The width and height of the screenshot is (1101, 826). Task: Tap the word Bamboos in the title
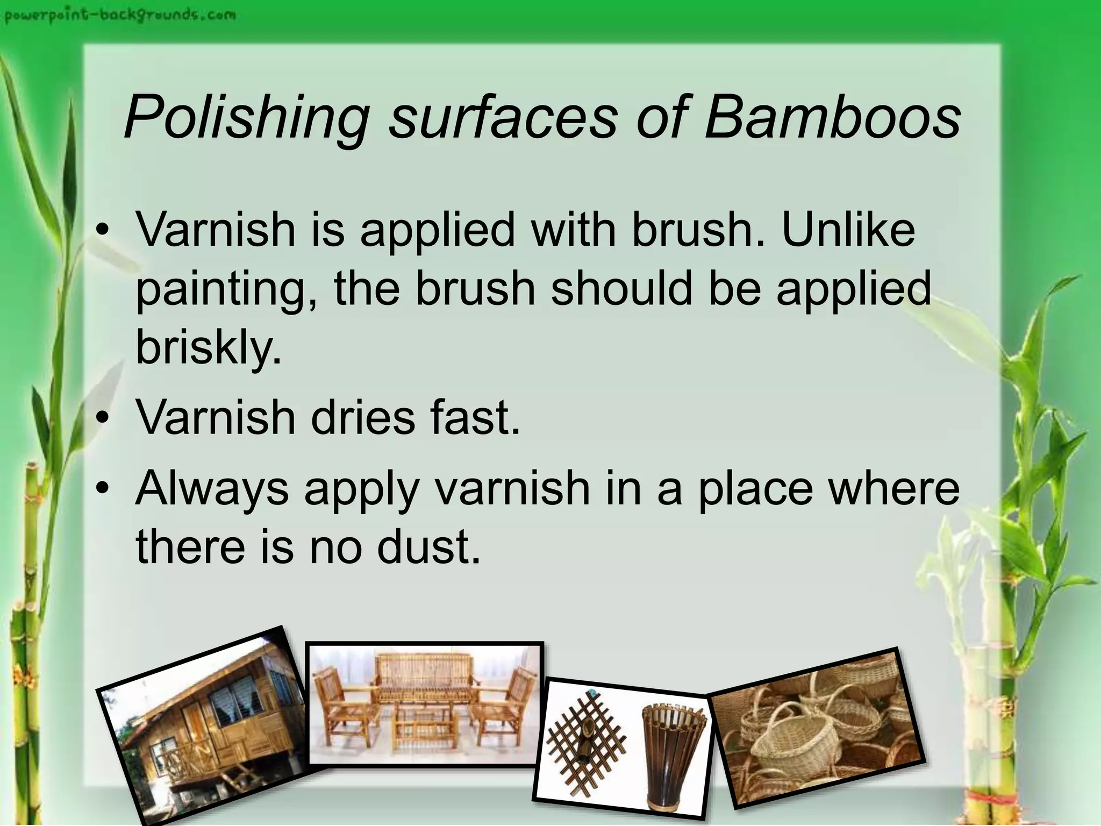click(x=832, y=117)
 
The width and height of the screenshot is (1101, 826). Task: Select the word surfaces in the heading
click(x=503, y=117)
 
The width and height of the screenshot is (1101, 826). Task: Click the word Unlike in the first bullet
click(x=848, y=230)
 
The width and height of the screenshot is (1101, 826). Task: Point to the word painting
click(x=225, y=290)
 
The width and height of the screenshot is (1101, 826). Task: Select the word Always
click(x=212, y=489)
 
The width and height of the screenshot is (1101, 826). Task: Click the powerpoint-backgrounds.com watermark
click(x=120, y=15)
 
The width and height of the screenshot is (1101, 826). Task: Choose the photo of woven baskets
click(x=817, y=729)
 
